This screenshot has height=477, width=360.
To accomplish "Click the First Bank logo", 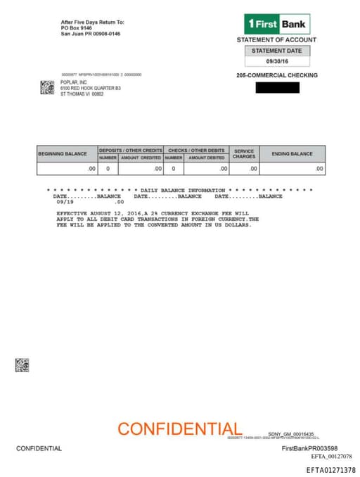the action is point(276,24).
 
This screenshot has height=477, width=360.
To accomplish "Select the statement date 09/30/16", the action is point(276,62).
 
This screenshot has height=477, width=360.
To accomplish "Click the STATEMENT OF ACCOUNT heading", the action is point(276,40).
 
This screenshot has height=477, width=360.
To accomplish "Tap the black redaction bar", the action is point(277,88).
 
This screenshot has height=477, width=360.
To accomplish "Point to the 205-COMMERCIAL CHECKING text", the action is point(277,75).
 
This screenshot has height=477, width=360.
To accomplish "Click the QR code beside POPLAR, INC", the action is point(47,87).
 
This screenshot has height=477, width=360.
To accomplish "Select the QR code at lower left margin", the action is point(22,364).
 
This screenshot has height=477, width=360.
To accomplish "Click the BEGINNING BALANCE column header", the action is point(63,153).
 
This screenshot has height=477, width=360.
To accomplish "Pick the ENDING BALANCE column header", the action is point(292,153).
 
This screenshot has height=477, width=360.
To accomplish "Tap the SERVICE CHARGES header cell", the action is point(244,153).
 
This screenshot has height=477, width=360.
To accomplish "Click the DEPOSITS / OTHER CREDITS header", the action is point(130,150).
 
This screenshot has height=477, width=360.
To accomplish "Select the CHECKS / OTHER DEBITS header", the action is point(196,150).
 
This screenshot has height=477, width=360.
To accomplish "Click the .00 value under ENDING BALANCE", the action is point(319,169).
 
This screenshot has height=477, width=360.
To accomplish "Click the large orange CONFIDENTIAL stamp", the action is point(180,428).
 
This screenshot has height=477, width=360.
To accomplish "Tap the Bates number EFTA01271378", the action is point(330,470).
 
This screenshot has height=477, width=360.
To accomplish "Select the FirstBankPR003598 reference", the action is point(309,448).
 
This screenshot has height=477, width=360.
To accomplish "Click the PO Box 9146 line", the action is point(77,28).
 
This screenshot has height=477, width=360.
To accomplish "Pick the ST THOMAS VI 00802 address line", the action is point(82,94).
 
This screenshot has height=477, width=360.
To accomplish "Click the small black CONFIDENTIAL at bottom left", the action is point(39,448).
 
